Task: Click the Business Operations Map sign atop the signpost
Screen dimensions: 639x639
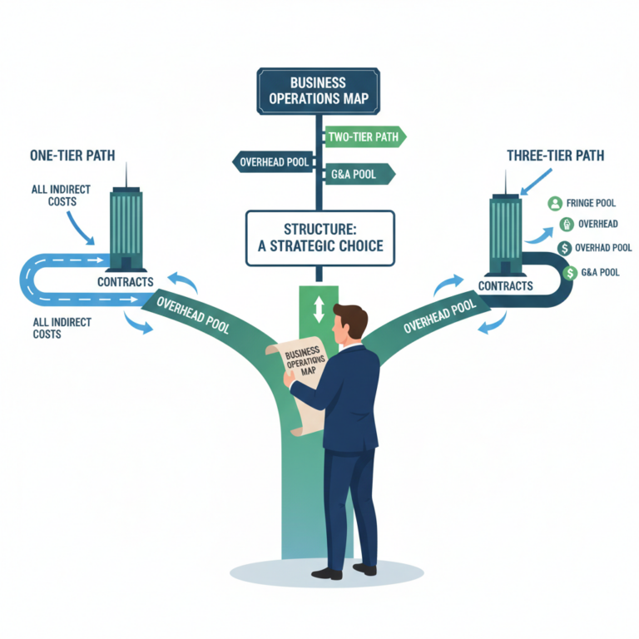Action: click(x=319, y=91)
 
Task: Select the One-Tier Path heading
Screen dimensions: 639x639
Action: click(x=72, y=154)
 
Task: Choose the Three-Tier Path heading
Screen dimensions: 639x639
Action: click(x=555, y=155)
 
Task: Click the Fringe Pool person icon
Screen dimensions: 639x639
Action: click(x=555, y=203)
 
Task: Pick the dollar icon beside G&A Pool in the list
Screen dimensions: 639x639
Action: click(x=570, y=272)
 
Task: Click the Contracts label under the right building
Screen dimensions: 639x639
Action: click(x=505, y=285)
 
